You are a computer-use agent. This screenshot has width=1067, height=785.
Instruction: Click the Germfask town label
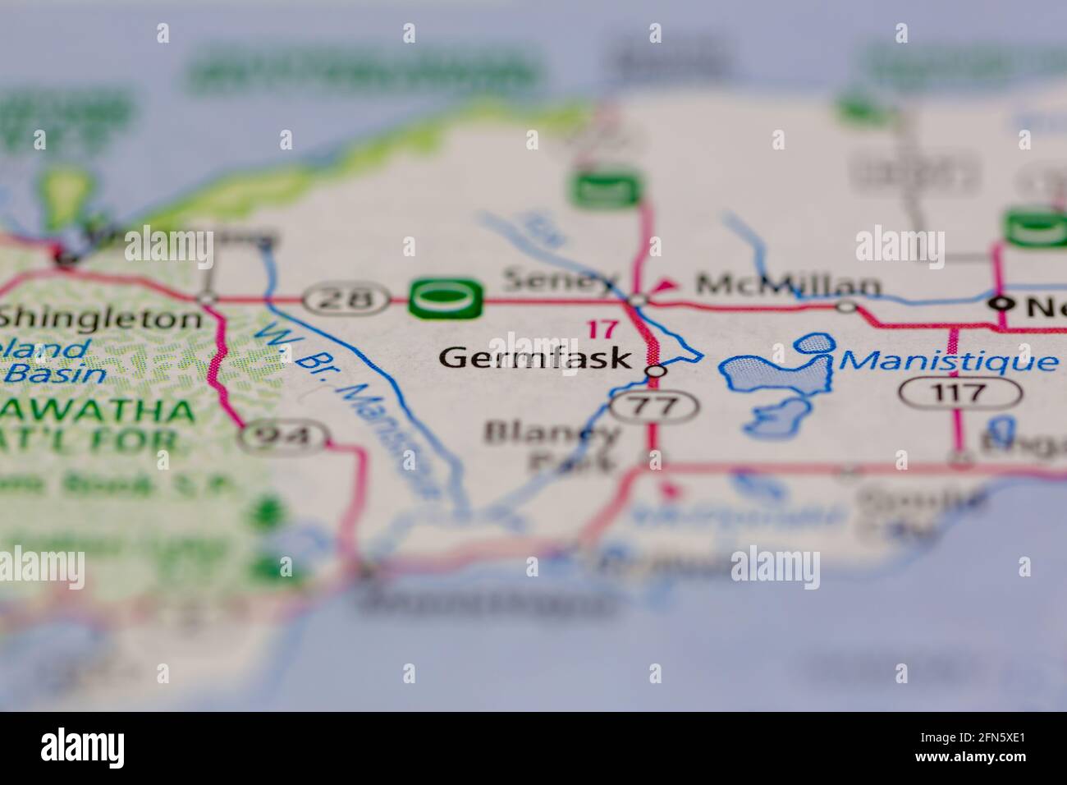coord(535,358)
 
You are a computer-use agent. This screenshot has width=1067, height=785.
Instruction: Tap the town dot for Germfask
coord(654,373)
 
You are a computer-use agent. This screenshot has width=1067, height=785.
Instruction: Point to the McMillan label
coord(788,285)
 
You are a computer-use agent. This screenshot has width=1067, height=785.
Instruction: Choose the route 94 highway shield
coord(284,437)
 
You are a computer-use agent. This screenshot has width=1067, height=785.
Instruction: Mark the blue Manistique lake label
coord(949,360)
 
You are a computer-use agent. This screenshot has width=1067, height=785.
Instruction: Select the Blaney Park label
coord(550,445)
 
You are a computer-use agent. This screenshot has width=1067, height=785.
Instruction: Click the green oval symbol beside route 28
coord(446,298)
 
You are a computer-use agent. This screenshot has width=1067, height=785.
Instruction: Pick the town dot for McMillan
coord(845,306)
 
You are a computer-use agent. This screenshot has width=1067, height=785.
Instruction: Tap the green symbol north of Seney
coord(607,190)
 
